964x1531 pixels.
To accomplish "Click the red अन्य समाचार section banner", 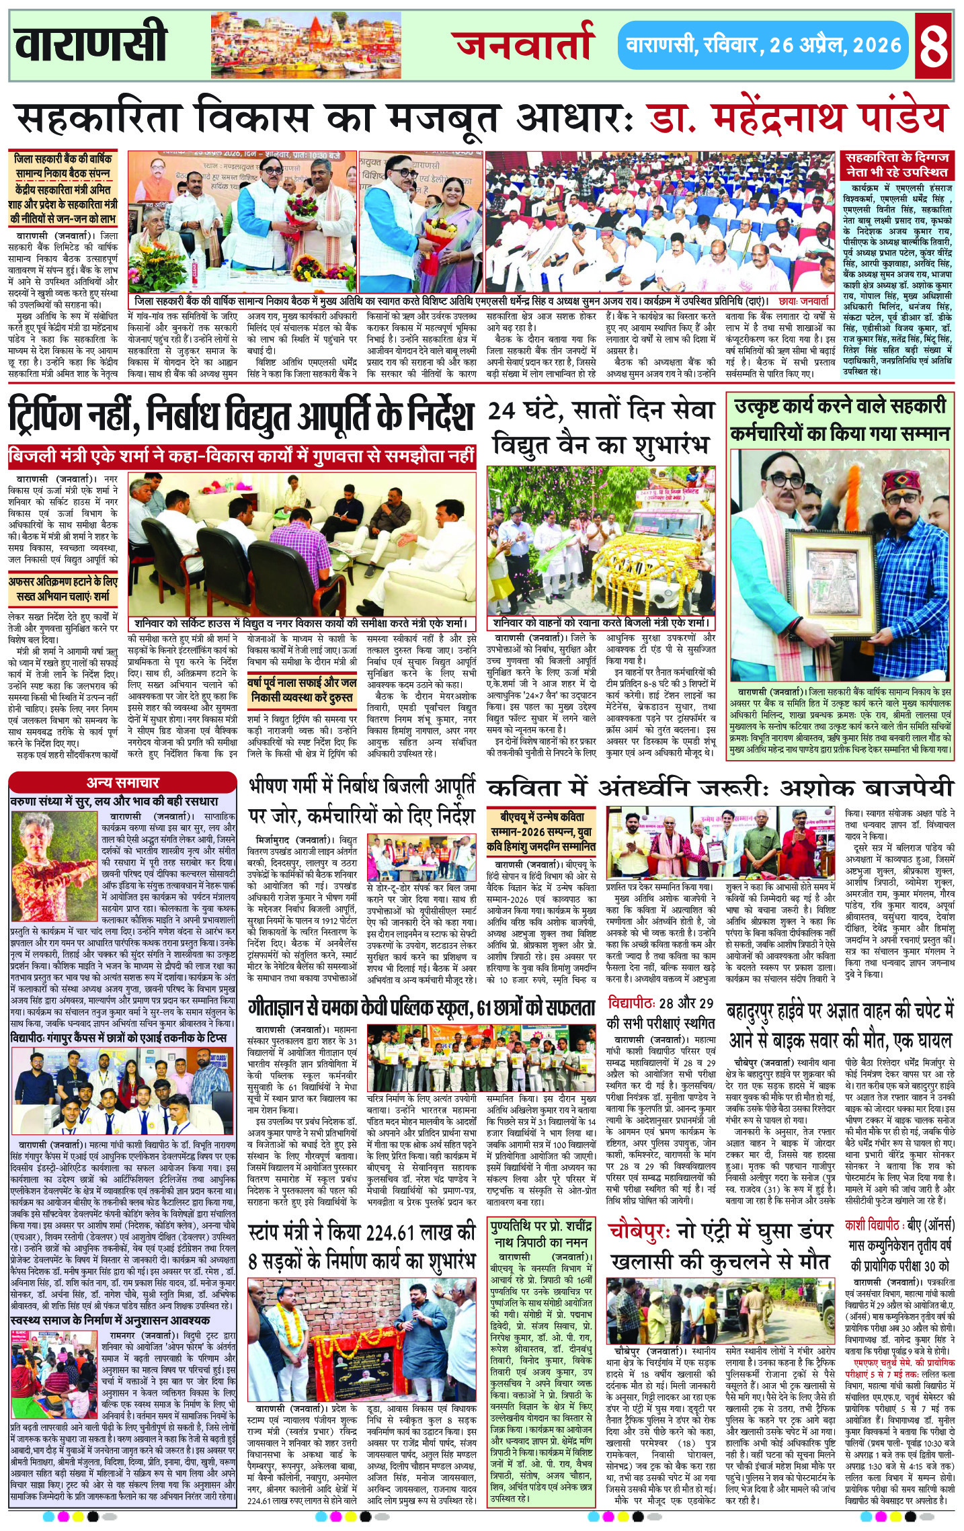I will click(x=122, y=782).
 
